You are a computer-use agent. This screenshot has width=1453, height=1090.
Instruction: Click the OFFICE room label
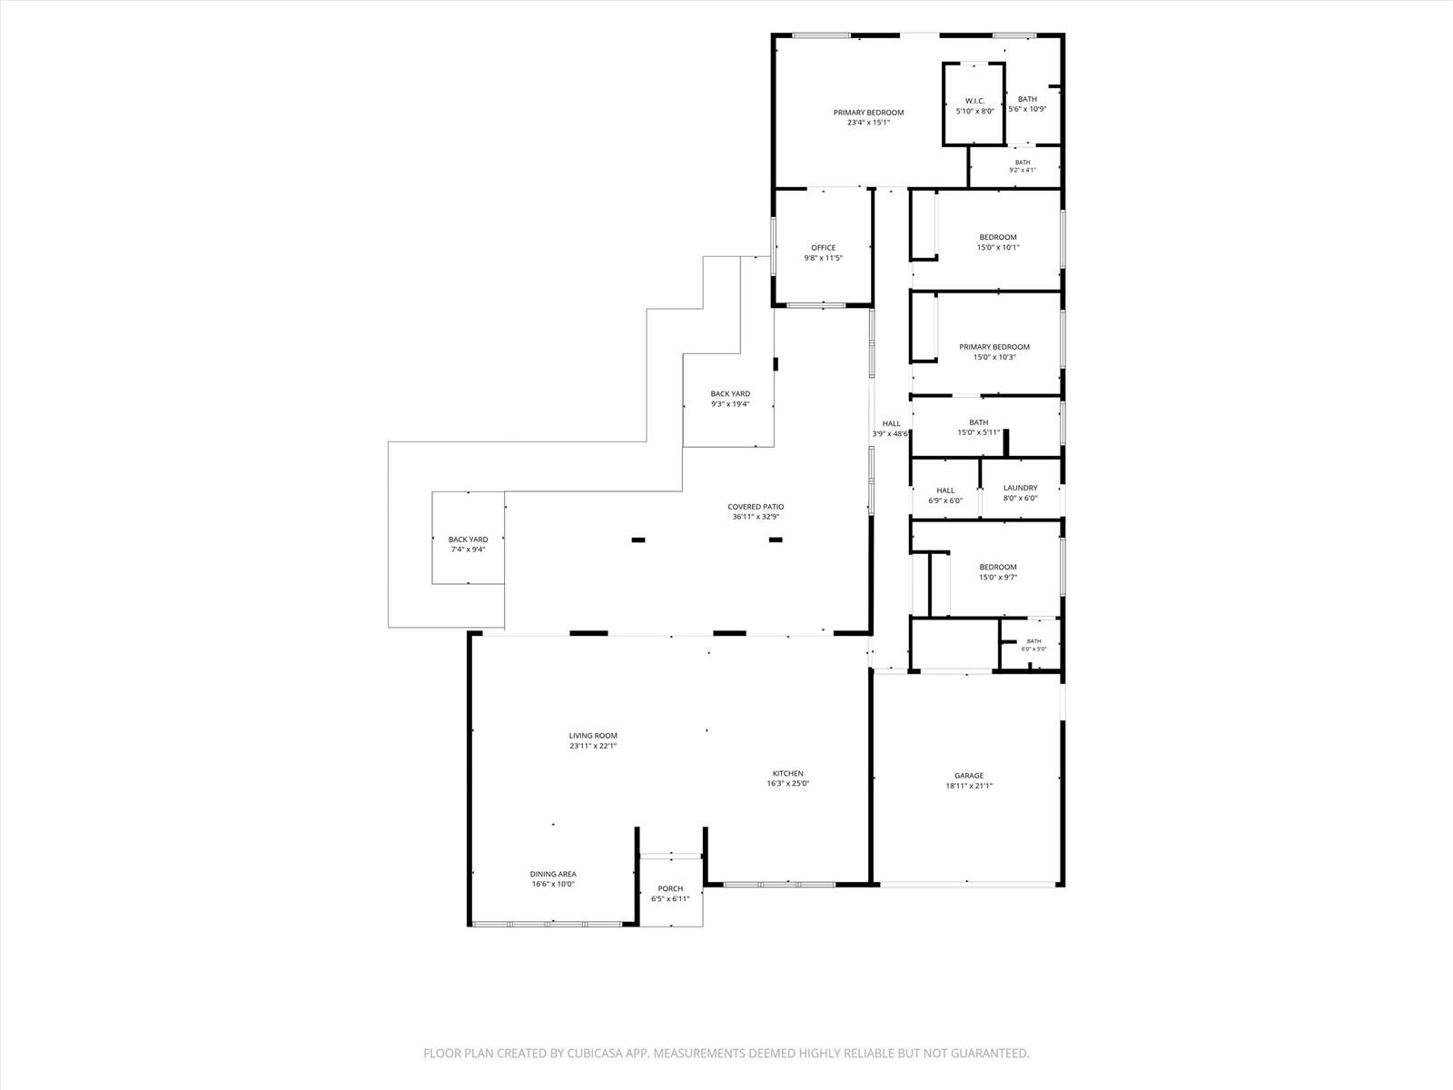tap(823, 247)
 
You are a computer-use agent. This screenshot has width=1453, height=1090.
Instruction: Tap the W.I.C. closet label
tap(974, 101)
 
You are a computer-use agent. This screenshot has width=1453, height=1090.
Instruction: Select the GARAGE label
tap(969, 775)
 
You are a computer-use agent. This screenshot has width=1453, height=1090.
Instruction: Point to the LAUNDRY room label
tap(1020, 488)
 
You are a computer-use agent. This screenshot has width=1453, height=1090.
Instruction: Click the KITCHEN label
tap(787, 773)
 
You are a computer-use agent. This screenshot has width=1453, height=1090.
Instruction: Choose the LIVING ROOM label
tap(593, 735)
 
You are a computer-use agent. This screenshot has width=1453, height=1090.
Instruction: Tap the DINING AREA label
tap(553, 874)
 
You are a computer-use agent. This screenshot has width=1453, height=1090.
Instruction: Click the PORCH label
tap(670, 888)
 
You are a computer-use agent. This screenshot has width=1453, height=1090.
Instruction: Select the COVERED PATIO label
tap(756, 506)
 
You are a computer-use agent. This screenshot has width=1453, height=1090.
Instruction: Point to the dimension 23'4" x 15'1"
tap(868, 123)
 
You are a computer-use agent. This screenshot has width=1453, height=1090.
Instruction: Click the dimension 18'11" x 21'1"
tap(969, 786)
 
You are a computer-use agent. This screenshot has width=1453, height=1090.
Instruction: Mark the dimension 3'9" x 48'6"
tap(890, 434)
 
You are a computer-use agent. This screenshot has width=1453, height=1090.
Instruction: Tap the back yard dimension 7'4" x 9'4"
tap(468, 550)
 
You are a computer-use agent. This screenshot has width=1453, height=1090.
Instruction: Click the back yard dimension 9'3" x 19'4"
tap(730, 403)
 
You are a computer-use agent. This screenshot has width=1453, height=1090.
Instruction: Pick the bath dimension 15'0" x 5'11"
tap(978, 432)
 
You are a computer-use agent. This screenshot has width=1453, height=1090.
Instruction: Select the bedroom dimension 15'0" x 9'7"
tap(997, 577)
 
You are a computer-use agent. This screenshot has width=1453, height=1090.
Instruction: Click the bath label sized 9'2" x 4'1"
tap(1022, 163)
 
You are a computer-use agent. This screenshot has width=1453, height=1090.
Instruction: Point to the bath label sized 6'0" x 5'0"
tap(1033, 640)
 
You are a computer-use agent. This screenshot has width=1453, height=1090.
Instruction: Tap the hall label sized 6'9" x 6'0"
tap(945, 490)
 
